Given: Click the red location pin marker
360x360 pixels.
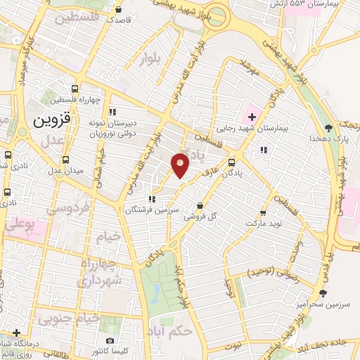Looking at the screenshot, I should click(x=180, y=164).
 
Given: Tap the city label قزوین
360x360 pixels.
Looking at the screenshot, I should click(x=51, y=120).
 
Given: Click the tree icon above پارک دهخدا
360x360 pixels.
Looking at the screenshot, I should click(x=328, y=127).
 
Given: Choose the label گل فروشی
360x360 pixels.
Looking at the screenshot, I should click(x=200, y=218).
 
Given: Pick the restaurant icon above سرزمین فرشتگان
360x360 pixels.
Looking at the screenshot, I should click(x=153, y=198).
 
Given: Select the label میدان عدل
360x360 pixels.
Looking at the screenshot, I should click(x=65, y=171).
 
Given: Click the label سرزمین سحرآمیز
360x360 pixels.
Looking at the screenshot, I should click(x=323, y=305).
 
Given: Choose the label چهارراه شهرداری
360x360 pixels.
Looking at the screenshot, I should click(x=101, y=272).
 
